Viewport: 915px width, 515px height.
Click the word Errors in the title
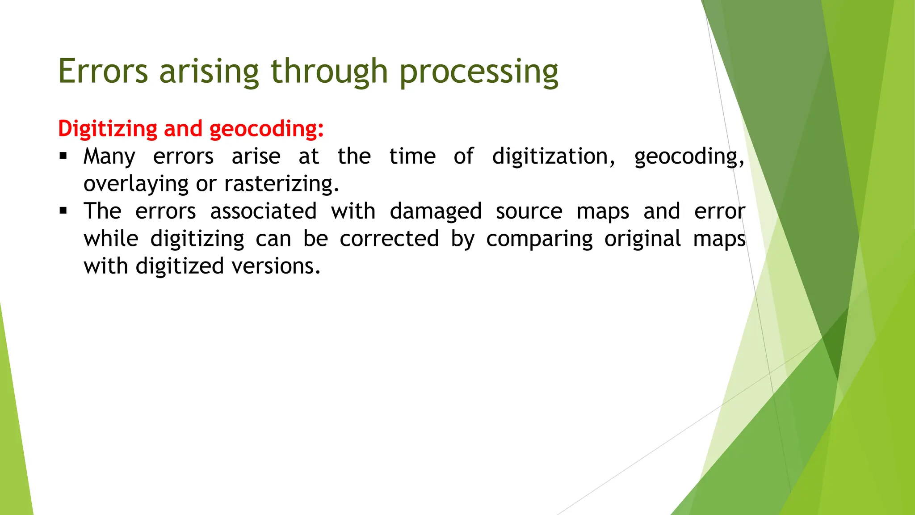point(103,72)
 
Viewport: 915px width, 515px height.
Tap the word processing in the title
point(478,72)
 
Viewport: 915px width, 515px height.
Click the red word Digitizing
point(108,129)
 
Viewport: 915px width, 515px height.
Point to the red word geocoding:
point(266,129)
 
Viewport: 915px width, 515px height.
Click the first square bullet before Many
point(63,156)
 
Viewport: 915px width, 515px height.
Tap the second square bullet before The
point(63,211)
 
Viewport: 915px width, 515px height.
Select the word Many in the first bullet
point(109,156)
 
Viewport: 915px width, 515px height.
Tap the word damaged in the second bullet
point(436,211)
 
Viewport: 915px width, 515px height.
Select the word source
point(529,211)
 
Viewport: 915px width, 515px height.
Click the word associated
point(264,211)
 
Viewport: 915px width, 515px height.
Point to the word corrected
point(389,238)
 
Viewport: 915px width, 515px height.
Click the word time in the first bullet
point(412,156)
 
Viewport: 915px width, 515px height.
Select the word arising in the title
point(209,72)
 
